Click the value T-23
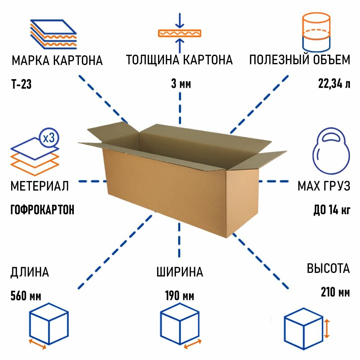tap(22, 85)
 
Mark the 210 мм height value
tap(335, 292)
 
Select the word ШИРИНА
tap(180, 272)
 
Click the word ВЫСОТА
tap(328, 268)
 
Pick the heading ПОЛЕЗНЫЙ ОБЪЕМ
tap(300, 60)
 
